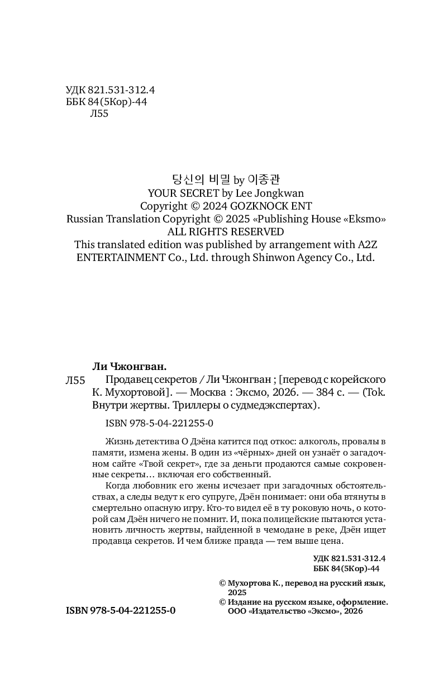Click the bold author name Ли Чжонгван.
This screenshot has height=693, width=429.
(x=129, y=367)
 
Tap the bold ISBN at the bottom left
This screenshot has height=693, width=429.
(x=121, y=611)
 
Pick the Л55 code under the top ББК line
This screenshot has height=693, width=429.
(x=98, y=113)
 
